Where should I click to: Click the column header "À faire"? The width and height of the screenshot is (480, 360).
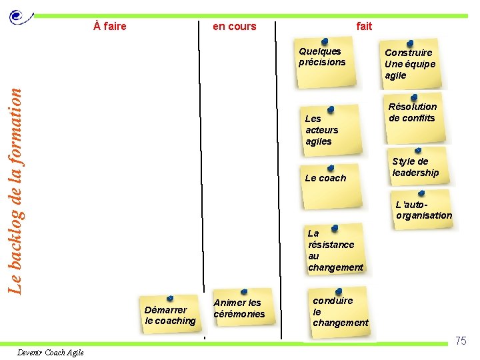tap(110, 27)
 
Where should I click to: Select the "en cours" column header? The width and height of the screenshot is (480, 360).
tap(234, 27)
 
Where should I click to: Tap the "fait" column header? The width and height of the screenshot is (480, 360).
tap(364, 27)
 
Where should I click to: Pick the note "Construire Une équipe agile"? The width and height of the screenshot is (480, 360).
tap(410, 64)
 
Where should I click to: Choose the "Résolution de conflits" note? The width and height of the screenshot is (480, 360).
tap(413, 115)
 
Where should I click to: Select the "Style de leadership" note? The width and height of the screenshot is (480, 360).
tap(416, 168)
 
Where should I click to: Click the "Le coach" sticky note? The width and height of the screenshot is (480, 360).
tap(327, 177)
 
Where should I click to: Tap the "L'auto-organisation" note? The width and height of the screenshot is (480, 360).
tap(423, 210)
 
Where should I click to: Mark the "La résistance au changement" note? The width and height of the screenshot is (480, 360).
tap(335, 250)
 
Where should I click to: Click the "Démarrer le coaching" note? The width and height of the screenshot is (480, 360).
tap(171, 314)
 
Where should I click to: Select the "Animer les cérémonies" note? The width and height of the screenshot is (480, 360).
tap(240, 307)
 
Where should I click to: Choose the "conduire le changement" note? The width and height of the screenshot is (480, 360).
tap(340, 311)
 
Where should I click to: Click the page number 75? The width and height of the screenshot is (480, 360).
tap(461, 341)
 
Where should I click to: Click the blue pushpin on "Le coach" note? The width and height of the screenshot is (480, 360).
tap(331, 168)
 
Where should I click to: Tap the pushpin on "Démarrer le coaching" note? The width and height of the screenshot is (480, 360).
tap(170, 298)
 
